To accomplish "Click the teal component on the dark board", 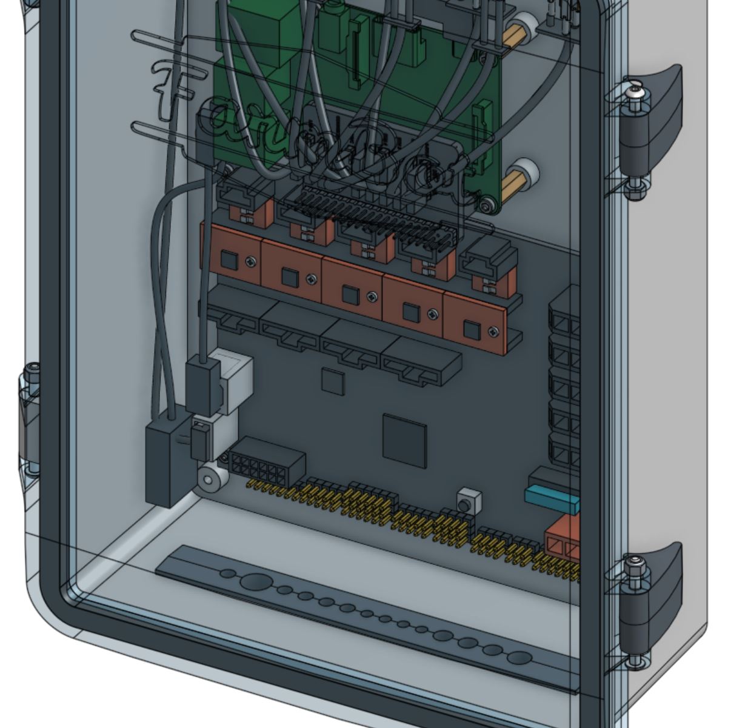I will tap(552, 499).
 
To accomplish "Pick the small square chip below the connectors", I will tap(332, 381).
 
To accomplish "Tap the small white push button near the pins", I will tap(469, 502).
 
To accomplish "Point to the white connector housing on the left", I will tap(233, 379).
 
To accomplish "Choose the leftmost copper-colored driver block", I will tap(232, 255).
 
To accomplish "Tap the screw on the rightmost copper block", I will tap(494, 331).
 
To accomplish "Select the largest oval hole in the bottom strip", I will tap(256, 583).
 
